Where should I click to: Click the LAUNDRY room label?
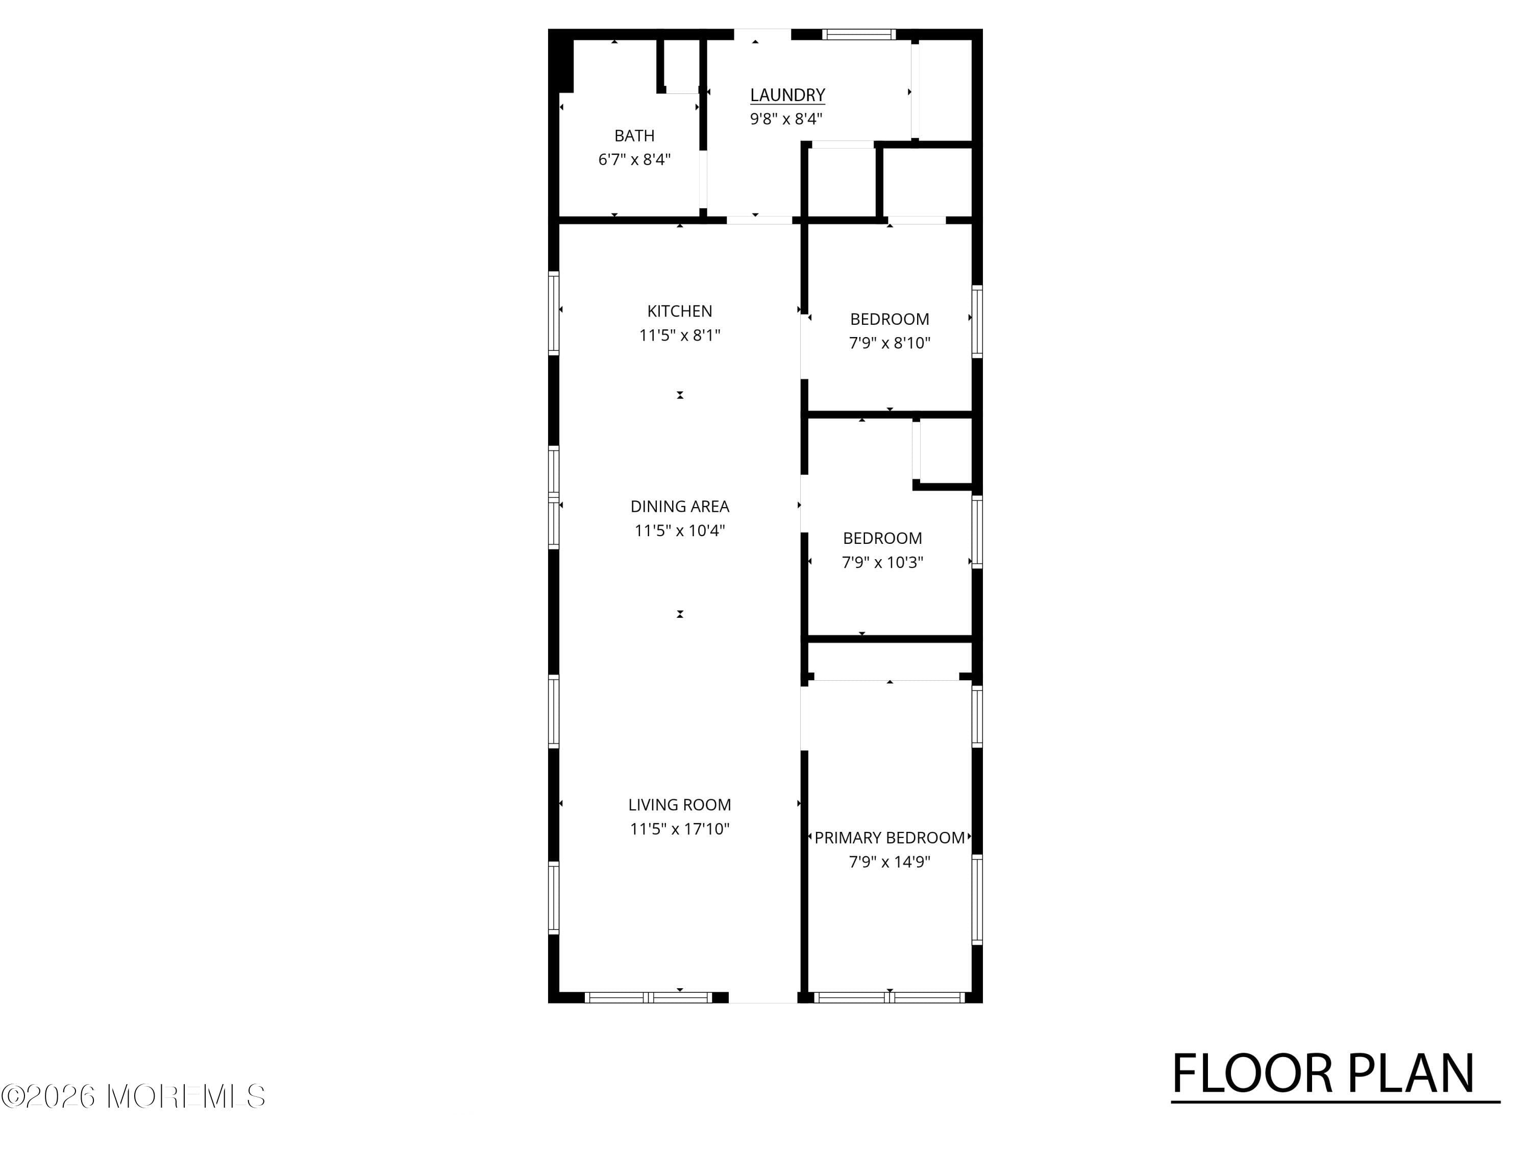click(787, 95)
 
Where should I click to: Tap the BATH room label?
click(634, 136)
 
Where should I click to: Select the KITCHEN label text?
click(680, 312)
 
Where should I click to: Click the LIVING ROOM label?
click(680, 805)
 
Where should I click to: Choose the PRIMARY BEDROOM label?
click(890, 838)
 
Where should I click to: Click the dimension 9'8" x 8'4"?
click(786, 119)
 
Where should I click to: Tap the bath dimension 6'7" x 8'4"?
click(634, 160)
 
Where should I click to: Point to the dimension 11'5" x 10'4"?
click(680, 531)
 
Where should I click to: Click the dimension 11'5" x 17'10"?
click(680, 829)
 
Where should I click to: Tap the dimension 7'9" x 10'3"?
click(882, 562)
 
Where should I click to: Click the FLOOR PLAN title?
click(1323, 1074)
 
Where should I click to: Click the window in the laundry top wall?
click(859, 34)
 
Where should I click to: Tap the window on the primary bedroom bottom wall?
click(890, 998)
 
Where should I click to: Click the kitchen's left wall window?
click(554, 314)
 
